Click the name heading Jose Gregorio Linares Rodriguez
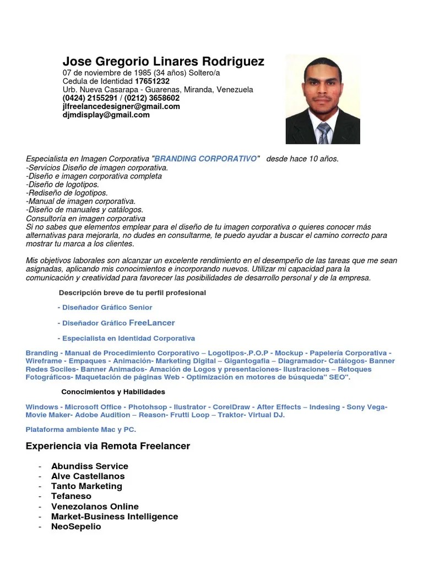tap(163, 61)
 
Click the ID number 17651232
tap(152, 81)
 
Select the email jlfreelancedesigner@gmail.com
tap(121, 106)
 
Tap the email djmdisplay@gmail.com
tap(106, 115)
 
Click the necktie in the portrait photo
tap(323, 133)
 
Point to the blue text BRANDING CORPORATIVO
tap(206, 159)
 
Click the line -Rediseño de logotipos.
tap(67, 193)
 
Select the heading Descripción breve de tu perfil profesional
tap(132, 292)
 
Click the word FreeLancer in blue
tap(151, 323)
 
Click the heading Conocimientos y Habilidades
tap(113, 392)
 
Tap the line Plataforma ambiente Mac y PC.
tap(80, 429)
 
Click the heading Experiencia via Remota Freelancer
tap(108, 446)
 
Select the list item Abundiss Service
tap(90, 466)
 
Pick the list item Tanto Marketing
tap(86, 486)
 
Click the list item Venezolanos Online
tap(95, 506)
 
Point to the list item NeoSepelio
tap(76, 526)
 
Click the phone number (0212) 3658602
tap(152, 97)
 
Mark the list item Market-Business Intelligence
tap(115, 516)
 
